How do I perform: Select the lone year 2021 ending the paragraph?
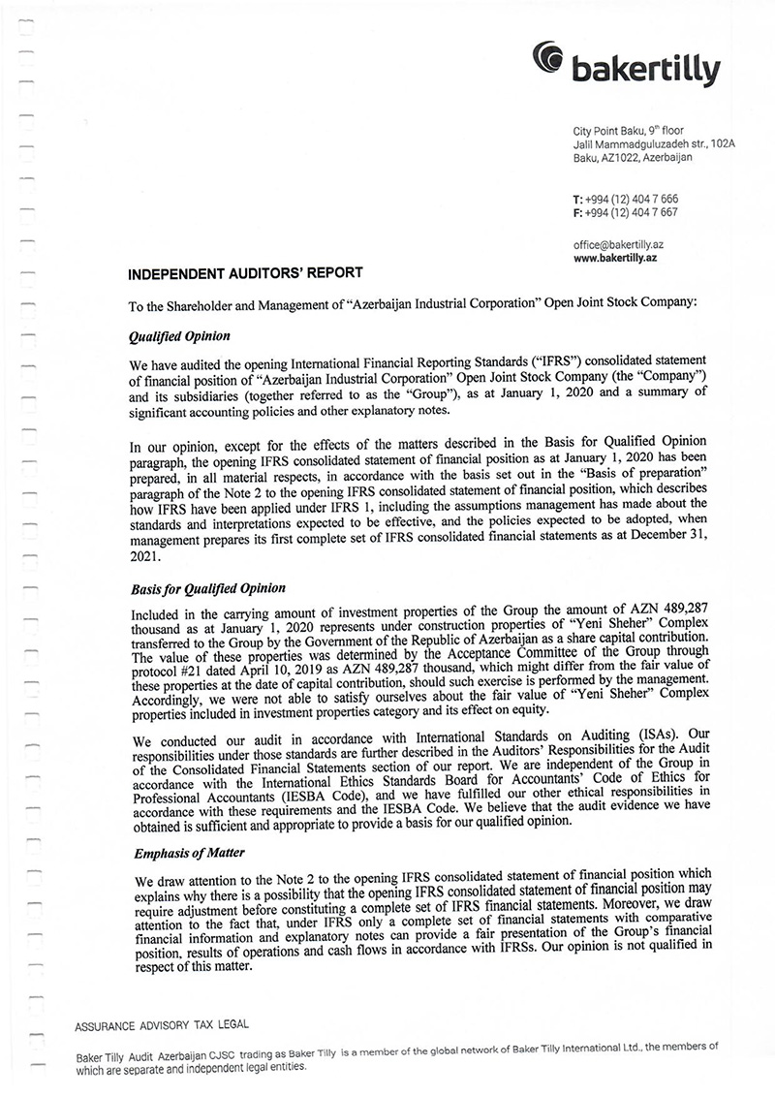[143, 558]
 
